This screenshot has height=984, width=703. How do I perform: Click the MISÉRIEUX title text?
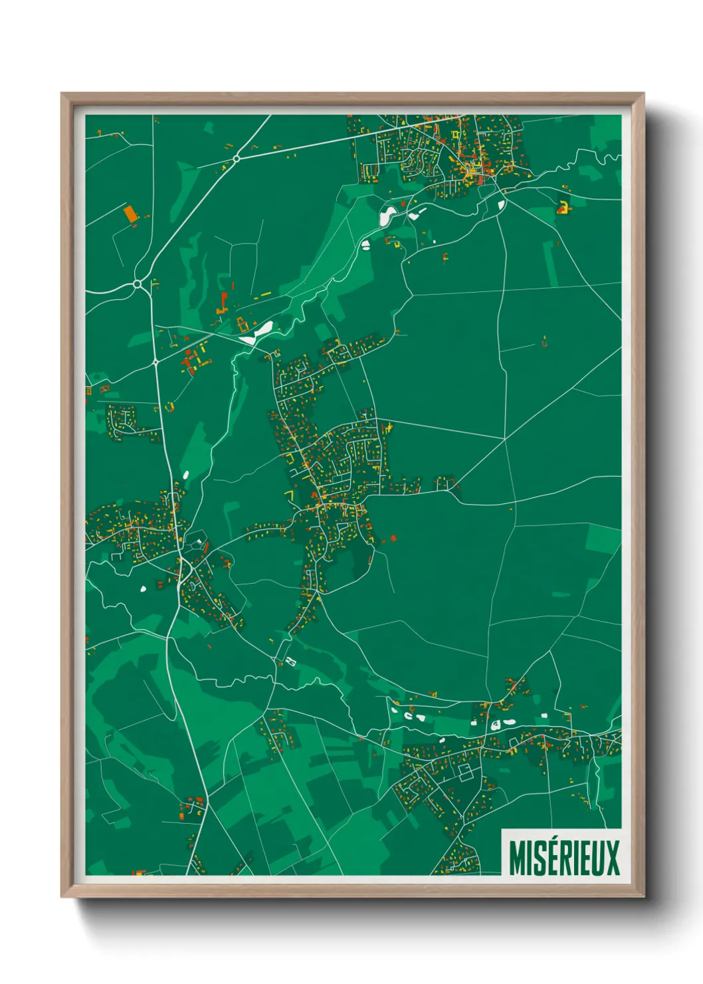(564, 858)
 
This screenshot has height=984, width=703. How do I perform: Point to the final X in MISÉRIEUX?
(612, 858)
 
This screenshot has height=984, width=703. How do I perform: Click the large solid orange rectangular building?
(131, 213)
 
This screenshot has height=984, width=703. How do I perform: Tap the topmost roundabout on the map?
(236, 158)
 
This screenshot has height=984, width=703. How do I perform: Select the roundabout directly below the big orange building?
(137, 285)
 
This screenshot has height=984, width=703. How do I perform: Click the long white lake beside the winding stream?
(258, 332)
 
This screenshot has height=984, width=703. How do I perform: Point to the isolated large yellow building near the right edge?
(563, 208)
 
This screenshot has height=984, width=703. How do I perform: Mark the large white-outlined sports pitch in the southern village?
(465, 773)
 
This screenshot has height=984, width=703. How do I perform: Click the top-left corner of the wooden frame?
(62, 94)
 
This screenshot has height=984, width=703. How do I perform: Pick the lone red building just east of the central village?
(393, 538)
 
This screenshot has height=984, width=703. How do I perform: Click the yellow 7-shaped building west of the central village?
(289, 495)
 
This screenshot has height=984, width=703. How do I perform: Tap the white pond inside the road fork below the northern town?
(500, 204)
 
